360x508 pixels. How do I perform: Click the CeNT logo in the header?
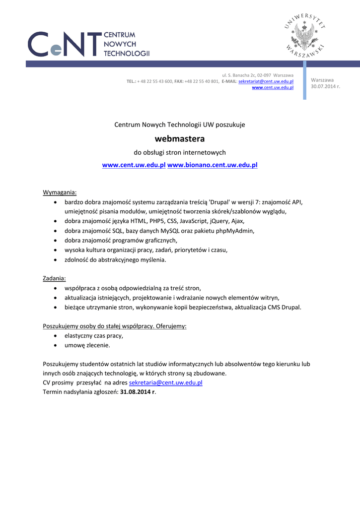tap(88, 44)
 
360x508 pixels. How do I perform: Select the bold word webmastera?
tap(180, 139)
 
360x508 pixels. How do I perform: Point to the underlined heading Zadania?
tap(55, 278)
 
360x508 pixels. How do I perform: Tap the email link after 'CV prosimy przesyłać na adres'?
tap(165, 383)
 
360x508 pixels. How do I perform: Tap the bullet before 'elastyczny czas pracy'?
tap(55, 336)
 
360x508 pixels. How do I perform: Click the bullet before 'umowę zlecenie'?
tap(55, 345)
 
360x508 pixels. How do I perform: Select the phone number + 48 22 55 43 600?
tap(155, 81)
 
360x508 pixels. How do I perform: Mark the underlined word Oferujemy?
tap(172, 326)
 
